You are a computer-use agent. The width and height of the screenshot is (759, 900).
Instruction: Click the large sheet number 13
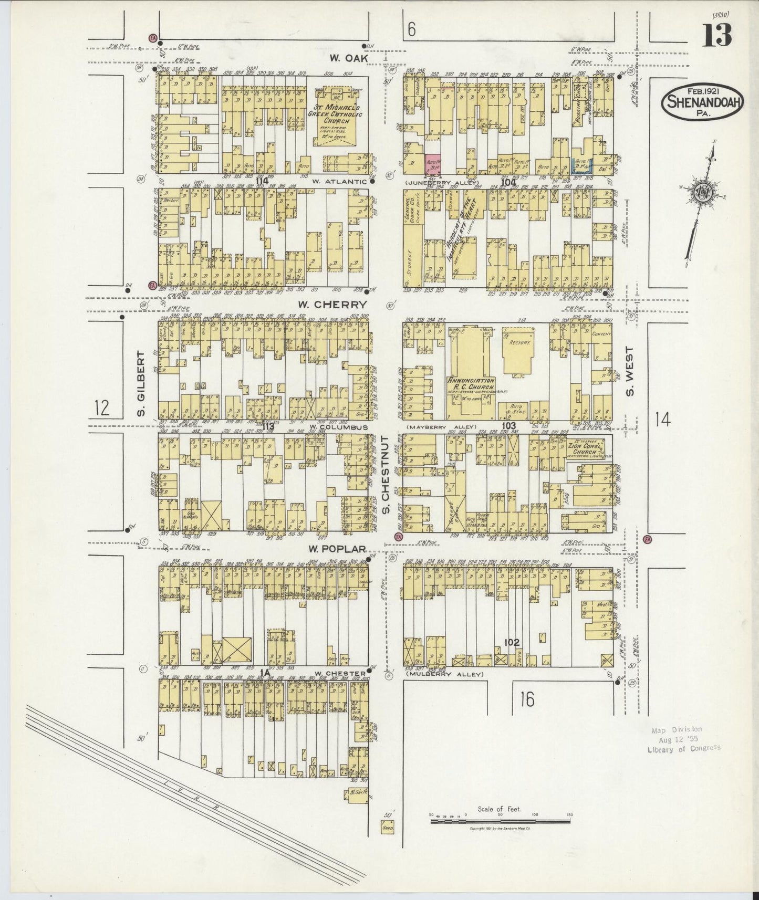click(718, 35)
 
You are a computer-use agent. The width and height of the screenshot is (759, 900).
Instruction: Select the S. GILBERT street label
click(141, 384)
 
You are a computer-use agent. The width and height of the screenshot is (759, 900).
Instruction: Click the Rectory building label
click(518, 342)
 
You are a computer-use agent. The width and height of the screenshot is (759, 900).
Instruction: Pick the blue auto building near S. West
click(582, 166)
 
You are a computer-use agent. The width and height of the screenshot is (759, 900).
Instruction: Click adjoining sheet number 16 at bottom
click(527, 699)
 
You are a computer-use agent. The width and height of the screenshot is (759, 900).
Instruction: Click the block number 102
click(511, 642)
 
